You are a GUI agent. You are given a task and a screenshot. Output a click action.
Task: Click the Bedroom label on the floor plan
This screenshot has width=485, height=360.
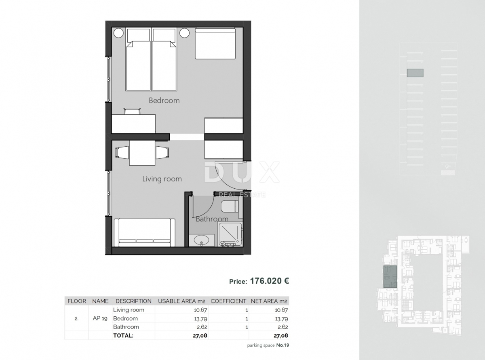[x=164, y=101]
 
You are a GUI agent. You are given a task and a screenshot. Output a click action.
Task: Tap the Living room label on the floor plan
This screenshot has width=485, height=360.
[x=162, y=179]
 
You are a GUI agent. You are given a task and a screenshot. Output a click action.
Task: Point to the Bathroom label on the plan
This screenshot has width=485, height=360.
[x=212, y=219]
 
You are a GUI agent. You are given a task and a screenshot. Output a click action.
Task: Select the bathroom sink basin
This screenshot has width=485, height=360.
[x=200, y=241]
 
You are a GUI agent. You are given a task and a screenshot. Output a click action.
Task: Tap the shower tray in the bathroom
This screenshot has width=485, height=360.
[x=230, y=234]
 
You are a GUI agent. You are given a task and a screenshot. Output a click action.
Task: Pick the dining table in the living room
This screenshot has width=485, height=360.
[x=142, y=153]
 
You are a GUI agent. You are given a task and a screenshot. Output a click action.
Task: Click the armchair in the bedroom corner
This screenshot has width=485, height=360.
[x=215, y=43]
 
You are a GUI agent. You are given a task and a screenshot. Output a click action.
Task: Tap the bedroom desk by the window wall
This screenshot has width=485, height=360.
[x=133, y=123]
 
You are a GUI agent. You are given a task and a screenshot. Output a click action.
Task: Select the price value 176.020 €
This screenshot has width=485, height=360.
[x=270, y=281]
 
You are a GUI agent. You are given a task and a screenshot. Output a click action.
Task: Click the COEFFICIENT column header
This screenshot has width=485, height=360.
[x=228, y=301]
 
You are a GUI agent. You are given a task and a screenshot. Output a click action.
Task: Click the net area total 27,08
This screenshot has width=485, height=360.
[x=280, y=335]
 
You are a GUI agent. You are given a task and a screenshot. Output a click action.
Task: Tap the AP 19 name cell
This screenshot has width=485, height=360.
[x=100, y=318]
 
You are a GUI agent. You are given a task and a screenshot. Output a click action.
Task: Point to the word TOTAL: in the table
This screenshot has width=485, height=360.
[x=123, y=335]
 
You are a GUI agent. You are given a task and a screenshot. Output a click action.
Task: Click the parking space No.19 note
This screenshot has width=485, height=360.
[x=268, y=345]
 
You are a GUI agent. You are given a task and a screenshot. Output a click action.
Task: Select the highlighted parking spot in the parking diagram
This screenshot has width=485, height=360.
[x=415, y=73]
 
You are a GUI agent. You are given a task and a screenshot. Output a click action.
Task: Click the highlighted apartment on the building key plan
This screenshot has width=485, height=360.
[x=390, y=277]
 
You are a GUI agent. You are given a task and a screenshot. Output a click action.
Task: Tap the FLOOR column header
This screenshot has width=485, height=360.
[x=77, y=301]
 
